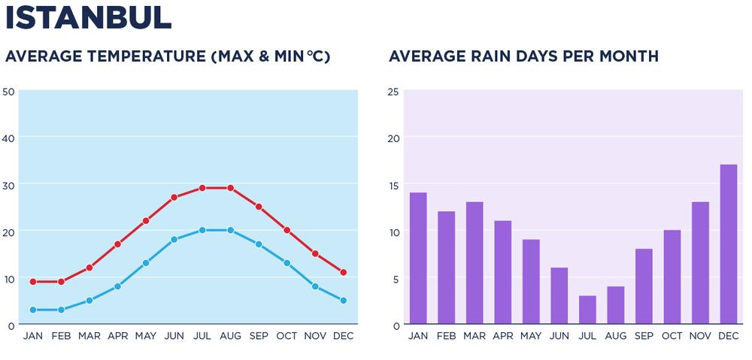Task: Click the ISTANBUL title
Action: [x=89, y=19]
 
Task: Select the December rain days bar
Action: [x=728, y=244]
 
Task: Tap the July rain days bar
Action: [x=587, y=310]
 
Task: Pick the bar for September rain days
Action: [x=644, y=286]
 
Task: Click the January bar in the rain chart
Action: [x=418, y=259]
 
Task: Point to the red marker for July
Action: [x=202, y=188]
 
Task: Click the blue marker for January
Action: [x=33, y=310]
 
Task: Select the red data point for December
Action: [x=343, y=272]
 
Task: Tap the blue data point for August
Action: [x=230, y=230]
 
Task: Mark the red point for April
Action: [x=117, y=244]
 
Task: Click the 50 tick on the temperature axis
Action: [x=9, y=92]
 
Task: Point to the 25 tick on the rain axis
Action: [x=393, y=92]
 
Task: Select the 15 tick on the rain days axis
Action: [x=393, y=185]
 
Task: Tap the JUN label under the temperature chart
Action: [x=174, y=336]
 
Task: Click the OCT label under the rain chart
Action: [x=672, y=336]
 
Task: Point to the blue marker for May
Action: [x=146, y=263]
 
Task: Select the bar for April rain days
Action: [x=502, y=272]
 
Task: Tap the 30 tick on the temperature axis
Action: [x=9, y=185]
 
